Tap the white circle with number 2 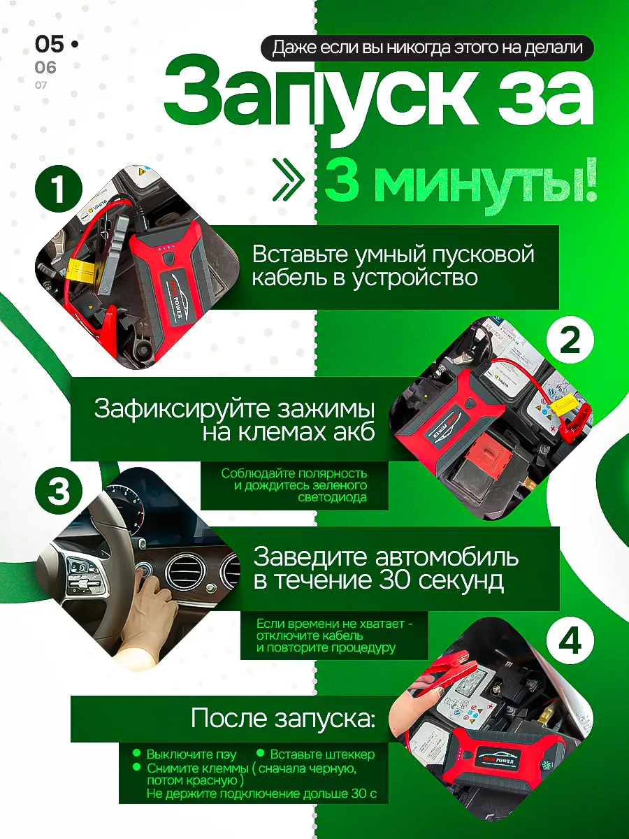coord(570,341)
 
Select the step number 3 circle coord(59,492)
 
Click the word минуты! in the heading coord(482,182)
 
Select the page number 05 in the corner coord(49,45)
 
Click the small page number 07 coord(41,85)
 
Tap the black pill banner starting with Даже coord(427,48)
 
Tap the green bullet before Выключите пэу coord(137,753)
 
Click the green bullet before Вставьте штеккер coord(260,753)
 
